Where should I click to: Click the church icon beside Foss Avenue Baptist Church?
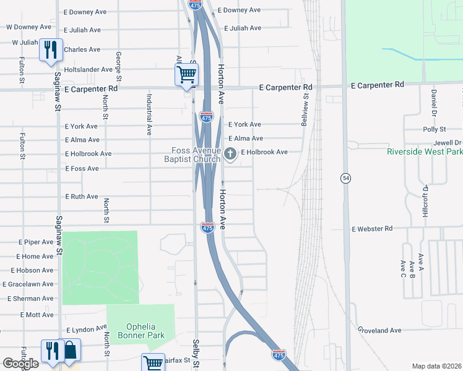tap(230, 154)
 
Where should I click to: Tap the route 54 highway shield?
tap(345, 178)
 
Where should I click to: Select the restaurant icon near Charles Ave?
tap(50, 49)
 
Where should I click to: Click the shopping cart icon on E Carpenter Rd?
tap(186, 75)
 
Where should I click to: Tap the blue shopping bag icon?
tap(71, 351)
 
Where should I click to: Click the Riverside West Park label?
tap(425, 151)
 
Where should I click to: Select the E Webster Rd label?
tap(372, 229)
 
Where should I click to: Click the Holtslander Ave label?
tap(89, 69)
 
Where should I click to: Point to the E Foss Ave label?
tap(82, 168)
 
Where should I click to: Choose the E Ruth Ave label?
tap(82, 197)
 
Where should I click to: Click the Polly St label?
tap(434, 129)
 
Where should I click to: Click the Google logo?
tap(20, 364)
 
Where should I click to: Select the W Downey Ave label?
tap(28, 27)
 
